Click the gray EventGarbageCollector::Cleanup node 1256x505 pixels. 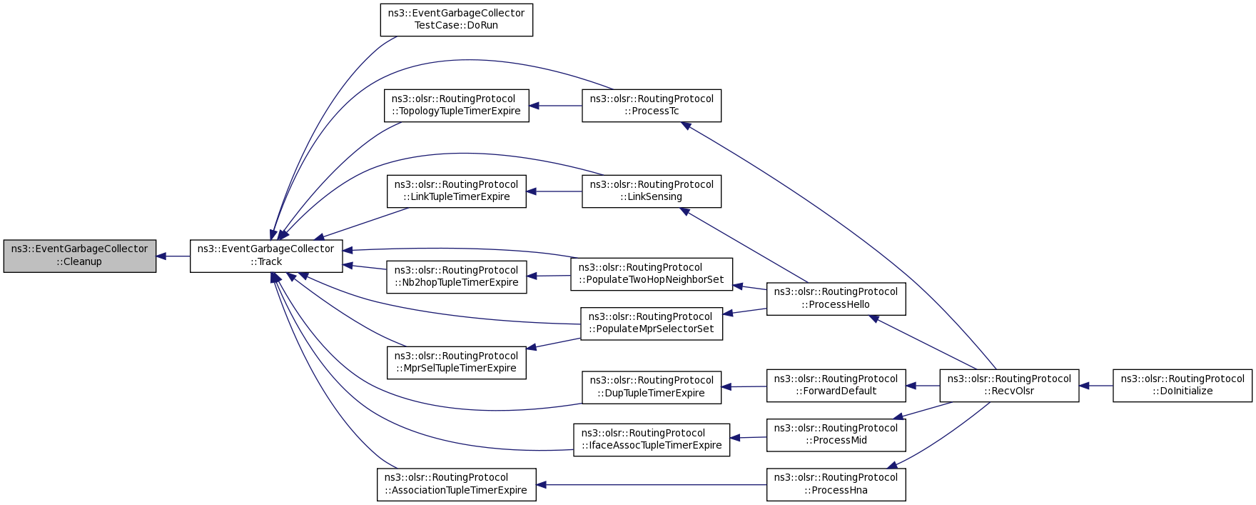(80, 256)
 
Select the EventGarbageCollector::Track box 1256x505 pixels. (266, 256)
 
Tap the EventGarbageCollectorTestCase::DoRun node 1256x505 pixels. (457, 19)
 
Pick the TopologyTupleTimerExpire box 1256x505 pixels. (457, 106)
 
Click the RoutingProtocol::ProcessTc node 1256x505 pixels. (652, 106)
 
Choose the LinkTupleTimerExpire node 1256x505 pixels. (457, 191)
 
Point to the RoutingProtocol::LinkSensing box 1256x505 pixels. (652, 191)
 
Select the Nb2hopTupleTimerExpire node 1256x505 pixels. (457, 276)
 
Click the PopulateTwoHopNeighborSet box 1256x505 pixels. (652, 274)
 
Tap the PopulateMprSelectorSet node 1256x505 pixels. (652, 324)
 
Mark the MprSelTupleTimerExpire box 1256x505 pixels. (457, 362)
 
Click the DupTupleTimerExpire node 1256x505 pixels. (652, 387)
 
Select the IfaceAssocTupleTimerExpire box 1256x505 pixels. (652, 440)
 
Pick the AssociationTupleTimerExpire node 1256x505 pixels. (457, 484)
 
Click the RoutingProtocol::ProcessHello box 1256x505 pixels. (836, 299)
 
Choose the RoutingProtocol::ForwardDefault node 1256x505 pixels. (836, 386)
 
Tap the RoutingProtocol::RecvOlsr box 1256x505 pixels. (1009, 386)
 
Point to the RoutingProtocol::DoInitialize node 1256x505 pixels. (1182, 386)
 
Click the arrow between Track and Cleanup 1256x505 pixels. (173, 256)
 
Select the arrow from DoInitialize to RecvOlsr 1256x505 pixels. (1096, 386)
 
